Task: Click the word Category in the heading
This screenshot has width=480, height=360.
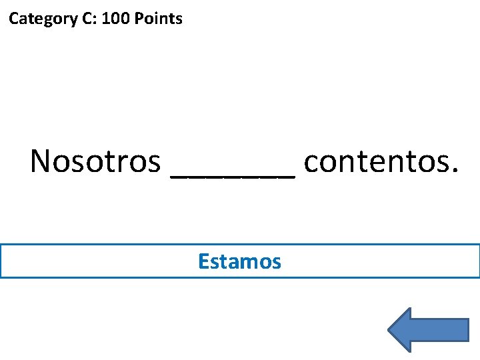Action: [x=42, y=19]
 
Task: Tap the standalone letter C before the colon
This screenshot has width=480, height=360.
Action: [x=87, y=19]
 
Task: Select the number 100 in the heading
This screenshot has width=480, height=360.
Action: [x=116, y=19]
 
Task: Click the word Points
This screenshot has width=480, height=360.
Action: [x=158, y=19]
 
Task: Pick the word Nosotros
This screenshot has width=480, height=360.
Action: [x=95, y=161]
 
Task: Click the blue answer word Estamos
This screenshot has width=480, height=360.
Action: [x=239, y=261]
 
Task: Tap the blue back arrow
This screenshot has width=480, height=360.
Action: [x=427, y=329]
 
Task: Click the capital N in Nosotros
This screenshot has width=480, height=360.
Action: [x=40, y=161]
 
